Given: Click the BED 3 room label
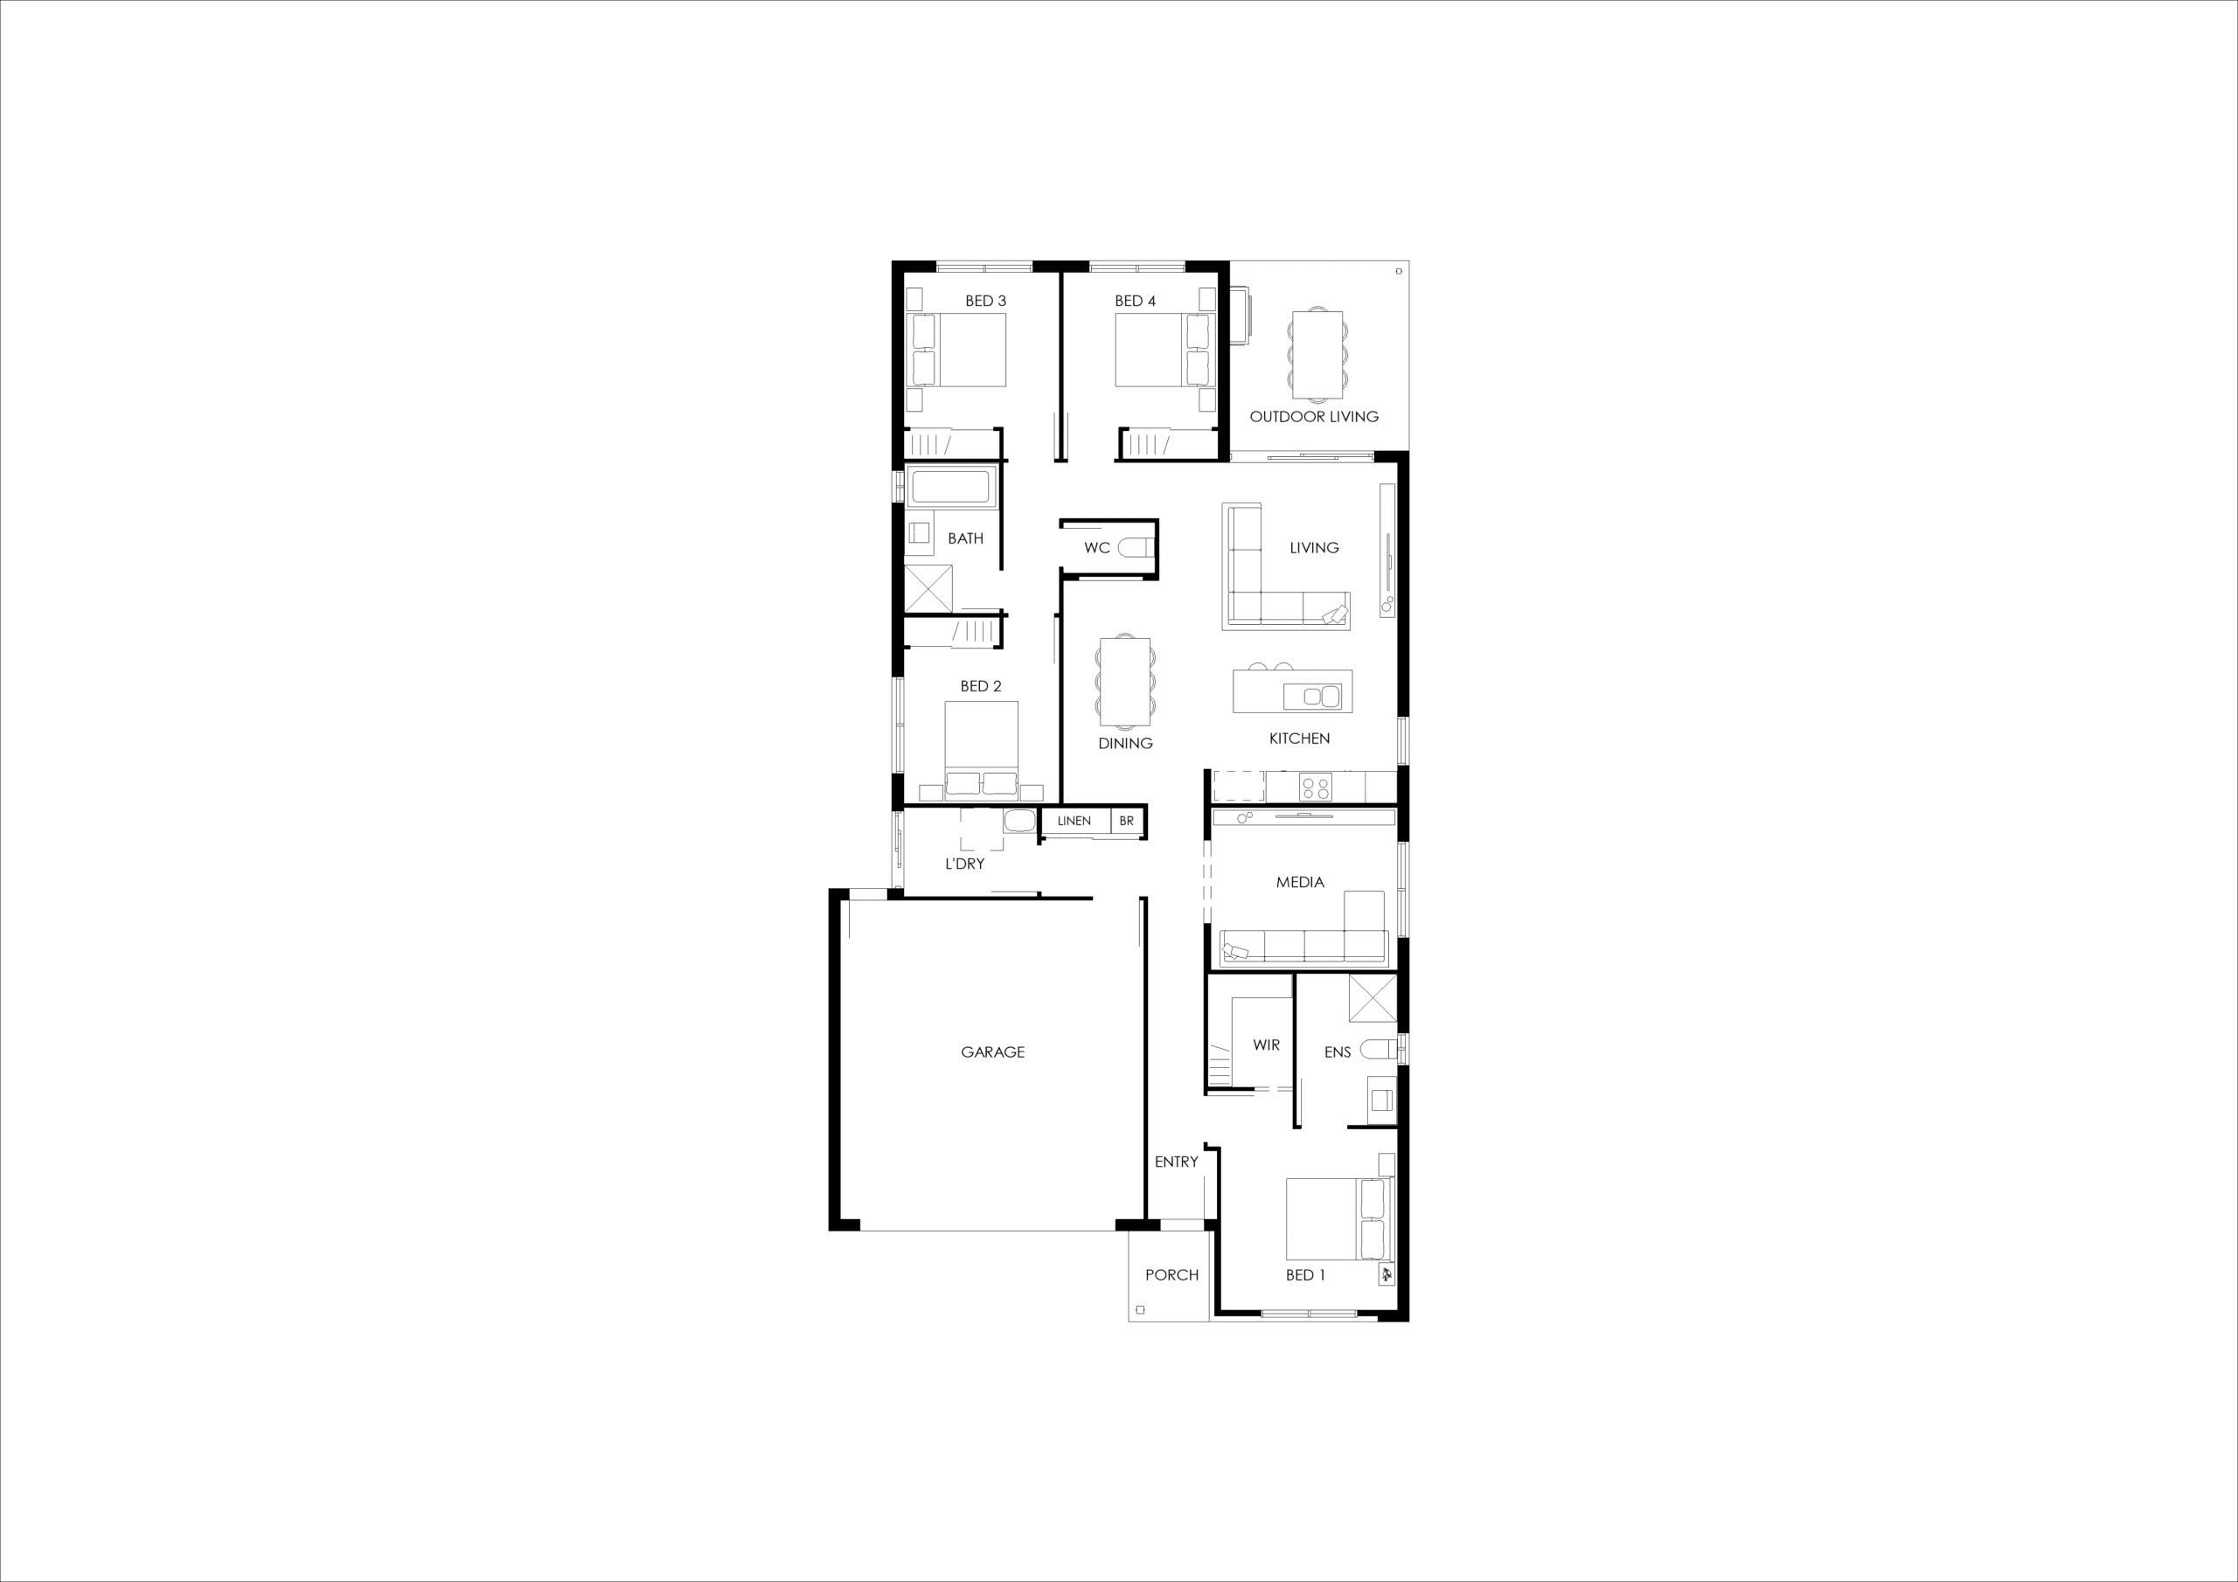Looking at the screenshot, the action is click(x=985, y=302).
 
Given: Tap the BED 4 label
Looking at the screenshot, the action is click(x=1136, y=302).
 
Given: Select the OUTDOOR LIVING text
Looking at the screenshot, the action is click(x=1314, y=416).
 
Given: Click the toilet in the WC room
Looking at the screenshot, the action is click(x=1134, y=548).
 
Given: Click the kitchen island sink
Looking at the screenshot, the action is click(x=1312, y=697).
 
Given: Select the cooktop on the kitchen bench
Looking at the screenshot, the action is click(x=1316, y=786).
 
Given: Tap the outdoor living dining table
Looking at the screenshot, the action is click(x=1317, y=355).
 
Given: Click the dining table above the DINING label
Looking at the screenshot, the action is click(x=1125, y=683).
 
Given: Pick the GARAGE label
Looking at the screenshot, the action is click(x=992, y=1051).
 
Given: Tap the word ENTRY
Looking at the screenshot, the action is click(x=1177, y=1162).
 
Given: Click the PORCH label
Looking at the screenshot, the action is click(x=1171, y=1275).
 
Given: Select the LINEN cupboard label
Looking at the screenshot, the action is click(x=1074, y=821).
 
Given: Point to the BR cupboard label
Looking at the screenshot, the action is click(x=1126, y=821).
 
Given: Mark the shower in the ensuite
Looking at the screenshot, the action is click(x=1373, y=998).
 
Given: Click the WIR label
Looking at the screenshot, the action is click(x=1266, y=1045).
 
